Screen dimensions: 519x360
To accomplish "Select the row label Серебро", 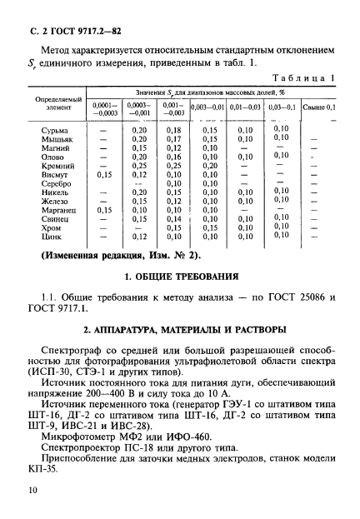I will point(57,183).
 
